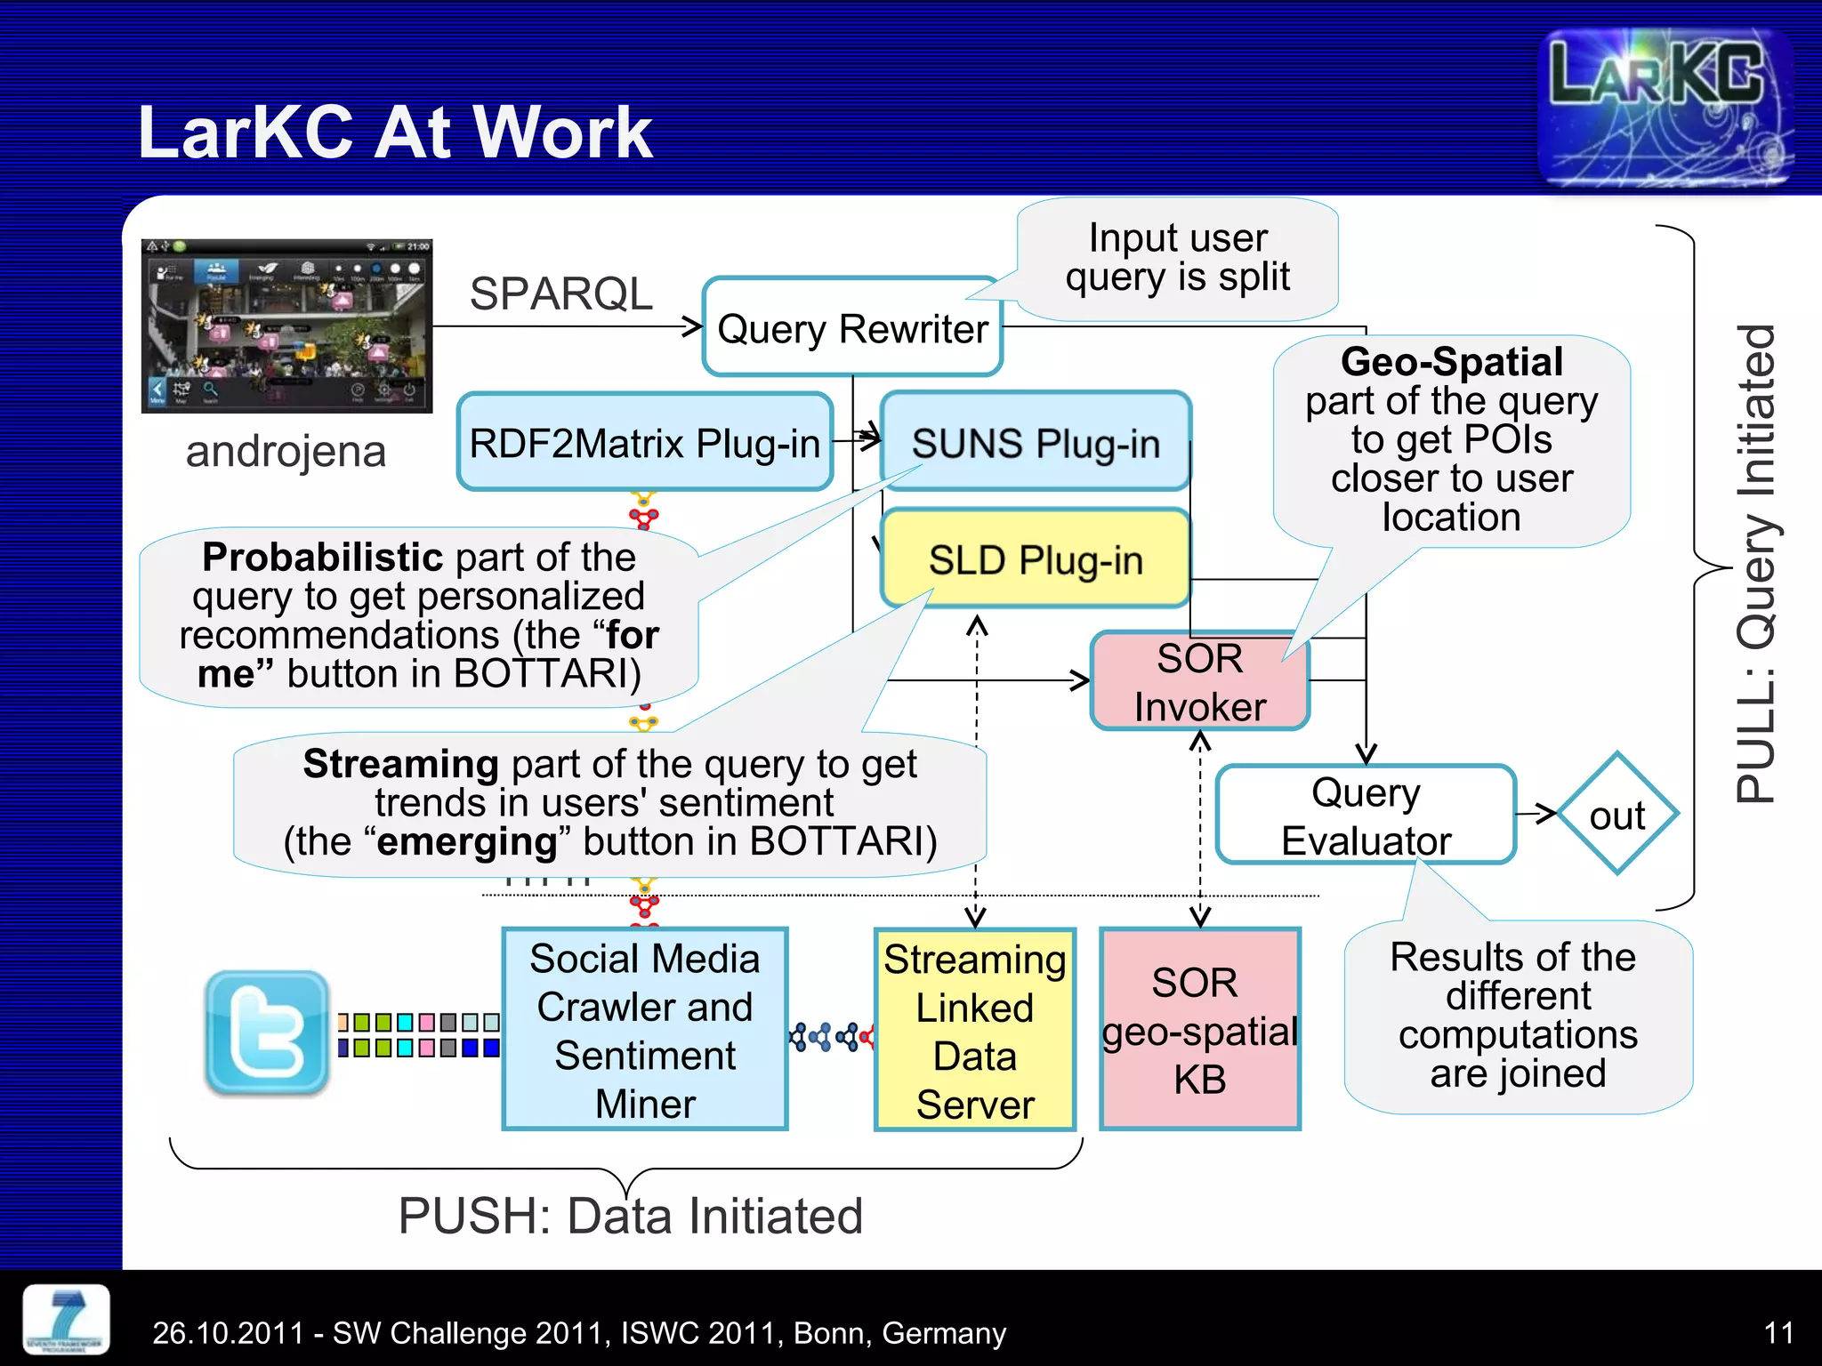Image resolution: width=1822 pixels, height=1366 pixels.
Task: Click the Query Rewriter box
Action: [851, 327]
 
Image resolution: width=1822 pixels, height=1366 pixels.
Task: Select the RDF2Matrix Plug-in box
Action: [644, 442]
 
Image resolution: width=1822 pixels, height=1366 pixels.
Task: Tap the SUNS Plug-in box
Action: [1035, 442]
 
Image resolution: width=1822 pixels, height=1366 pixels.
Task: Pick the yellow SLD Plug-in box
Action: [1035, 559]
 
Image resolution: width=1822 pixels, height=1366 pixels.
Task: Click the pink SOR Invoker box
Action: [1199, 682]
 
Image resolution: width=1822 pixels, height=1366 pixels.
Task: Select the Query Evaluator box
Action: [1365, 815]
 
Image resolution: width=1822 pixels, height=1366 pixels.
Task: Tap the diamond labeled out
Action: [1616, 815]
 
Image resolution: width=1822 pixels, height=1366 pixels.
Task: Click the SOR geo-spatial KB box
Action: [1199, 1030]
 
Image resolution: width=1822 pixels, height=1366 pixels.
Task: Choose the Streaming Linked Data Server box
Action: [975, 1030]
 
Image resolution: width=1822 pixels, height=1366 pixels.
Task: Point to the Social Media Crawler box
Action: [644, 1030]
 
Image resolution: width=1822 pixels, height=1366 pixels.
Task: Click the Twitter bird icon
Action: [266, 1032]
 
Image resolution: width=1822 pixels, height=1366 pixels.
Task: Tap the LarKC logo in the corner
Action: [1664, 107]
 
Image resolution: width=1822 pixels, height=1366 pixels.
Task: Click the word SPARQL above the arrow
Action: [560, 293]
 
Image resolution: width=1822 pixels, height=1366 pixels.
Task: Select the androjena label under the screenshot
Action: [286, 452]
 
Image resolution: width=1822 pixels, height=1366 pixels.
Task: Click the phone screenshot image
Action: [286, 325]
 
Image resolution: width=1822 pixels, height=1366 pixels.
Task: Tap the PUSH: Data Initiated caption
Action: [630, 1216]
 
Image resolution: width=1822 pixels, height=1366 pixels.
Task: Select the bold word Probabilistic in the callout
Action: [322, 558]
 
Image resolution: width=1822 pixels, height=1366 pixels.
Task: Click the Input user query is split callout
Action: [1177, 258]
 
